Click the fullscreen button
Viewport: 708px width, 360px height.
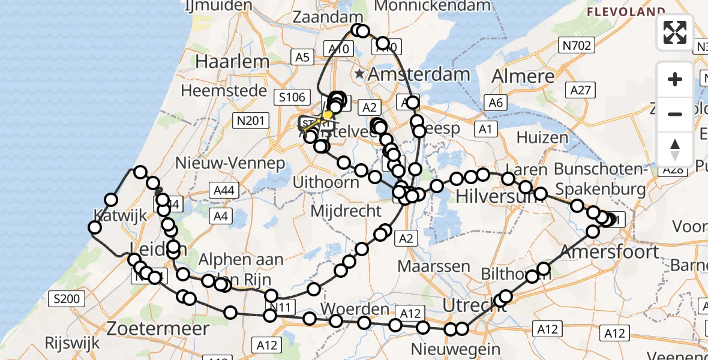[675, 32]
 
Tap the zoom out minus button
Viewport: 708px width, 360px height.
[675, 114]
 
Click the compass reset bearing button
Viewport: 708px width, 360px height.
[675, 149]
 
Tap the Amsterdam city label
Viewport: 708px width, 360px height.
[418, 74]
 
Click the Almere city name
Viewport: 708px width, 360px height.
[523, 76]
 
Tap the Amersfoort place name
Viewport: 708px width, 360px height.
[610, 251]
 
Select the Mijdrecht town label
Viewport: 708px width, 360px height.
[346, 211]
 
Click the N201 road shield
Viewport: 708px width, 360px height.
[250, 121]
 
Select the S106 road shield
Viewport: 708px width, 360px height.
[292, 97]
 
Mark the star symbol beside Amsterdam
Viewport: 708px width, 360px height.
[359, 74]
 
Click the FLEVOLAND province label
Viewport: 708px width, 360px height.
[626, 11]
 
